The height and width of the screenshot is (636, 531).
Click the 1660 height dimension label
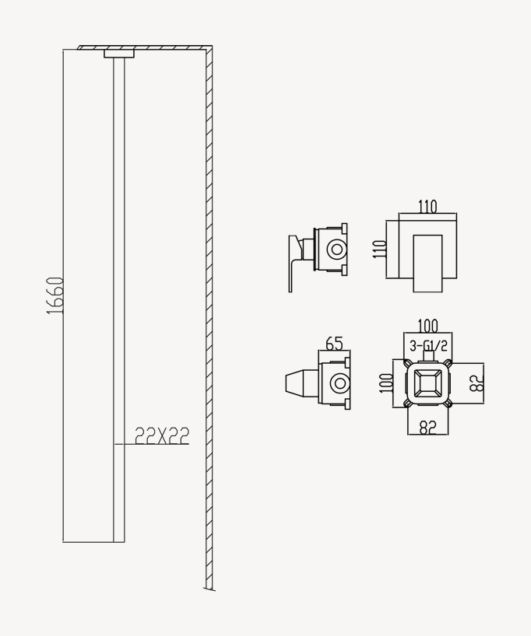[55, 295]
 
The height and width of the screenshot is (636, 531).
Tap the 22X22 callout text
[162, 436]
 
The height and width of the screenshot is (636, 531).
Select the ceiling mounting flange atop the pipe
[119, 54]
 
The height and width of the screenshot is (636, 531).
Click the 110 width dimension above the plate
[427, 207]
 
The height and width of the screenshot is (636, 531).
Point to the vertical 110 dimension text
[380, 249]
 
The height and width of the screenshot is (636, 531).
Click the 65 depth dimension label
[334, 344]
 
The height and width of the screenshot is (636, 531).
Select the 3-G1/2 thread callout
[428, 346]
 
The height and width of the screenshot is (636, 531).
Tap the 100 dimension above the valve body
[427, 326]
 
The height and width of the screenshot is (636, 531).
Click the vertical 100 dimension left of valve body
[384, 383]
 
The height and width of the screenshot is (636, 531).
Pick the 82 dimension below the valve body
[427, 427]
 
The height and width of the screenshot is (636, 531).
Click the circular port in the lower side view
[339, 383]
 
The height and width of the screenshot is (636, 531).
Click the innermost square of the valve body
[427, 383]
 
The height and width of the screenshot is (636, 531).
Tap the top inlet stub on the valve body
[427, 358]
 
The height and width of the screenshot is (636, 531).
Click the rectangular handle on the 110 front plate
[427, 262]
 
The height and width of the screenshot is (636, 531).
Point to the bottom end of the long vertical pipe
[119, 539]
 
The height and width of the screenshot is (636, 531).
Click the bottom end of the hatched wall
[209, 586]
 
